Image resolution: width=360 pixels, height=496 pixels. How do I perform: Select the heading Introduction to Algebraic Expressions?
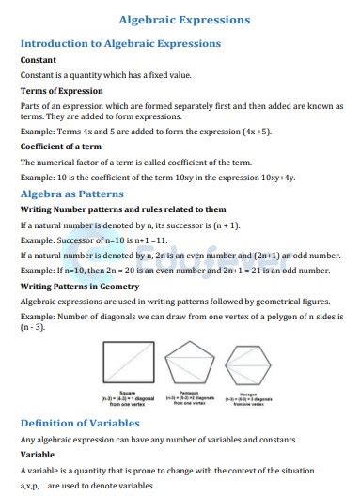pyautogui.click(x=120, y=43)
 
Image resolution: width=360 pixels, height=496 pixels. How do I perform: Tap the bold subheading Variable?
pyautogui.click(x=38, y=454)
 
